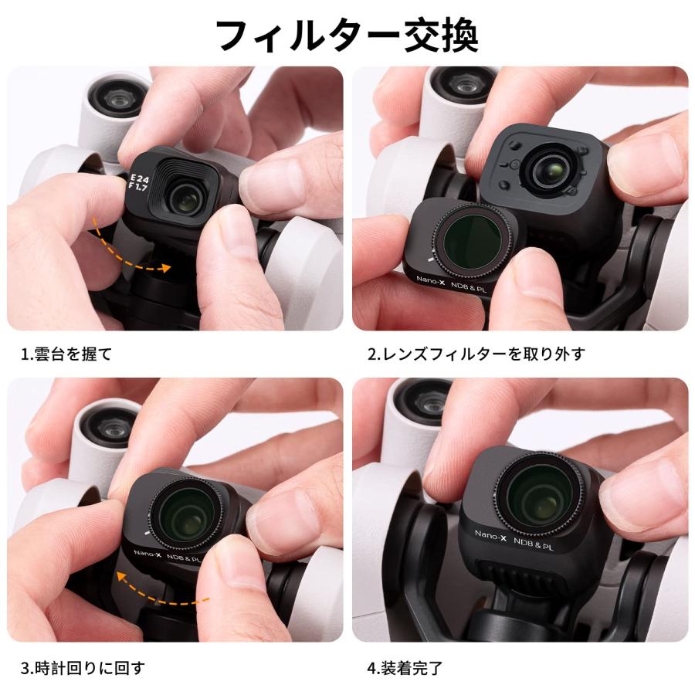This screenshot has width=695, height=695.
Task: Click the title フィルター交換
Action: pyautogui.click(x=347, y=35)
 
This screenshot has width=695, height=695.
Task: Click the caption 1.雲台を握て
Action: pyautogui.click(x=66, y=354)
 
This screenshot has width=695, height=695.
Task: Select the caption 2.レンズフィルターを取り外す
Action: pyautogui.click(x=476, y=354)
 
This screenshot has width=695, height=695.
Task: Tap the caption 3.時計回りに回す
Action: pyautogui.click(x=83, y=666)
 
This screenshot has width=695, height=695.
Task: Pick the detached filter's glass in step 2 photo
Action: pyautogui.click(x=471, y=235)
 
